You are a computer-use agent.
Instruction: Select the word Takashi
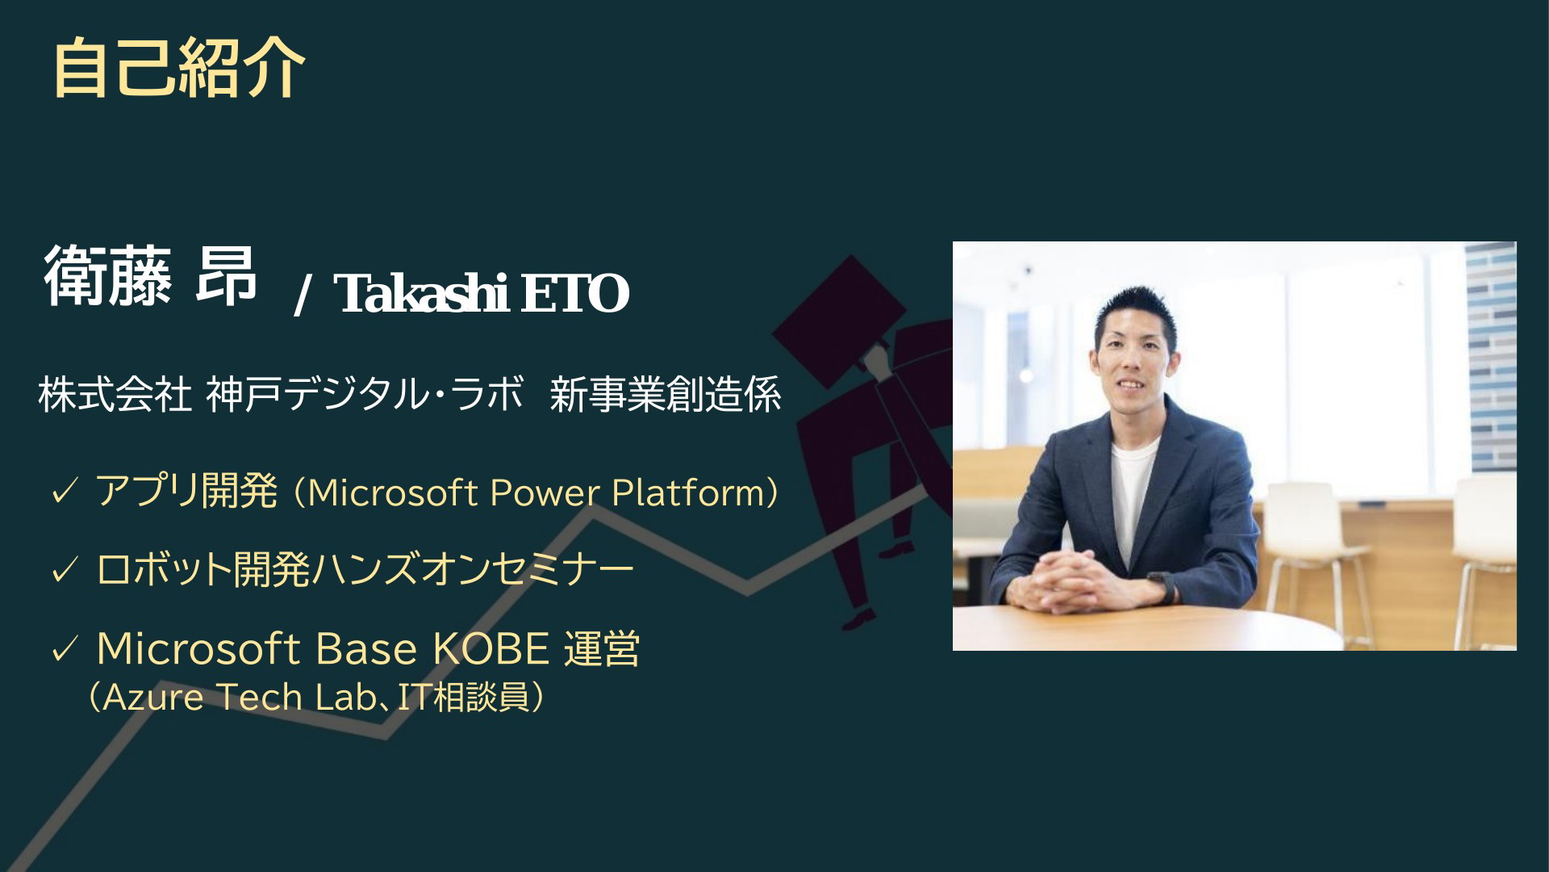(x=421, y=293)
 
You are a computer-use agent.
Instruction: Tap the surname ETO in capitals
(x=574, y=294)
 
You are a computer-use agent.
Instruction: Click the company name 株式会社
(x=115, y=396)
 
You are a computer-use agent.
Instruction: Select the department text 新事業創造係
(x=666, y=396)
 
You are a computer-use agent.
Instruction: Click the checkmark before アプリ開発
(x=64, y=492)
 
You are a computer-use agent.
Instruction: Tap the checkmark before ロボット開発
(x=64, y=571)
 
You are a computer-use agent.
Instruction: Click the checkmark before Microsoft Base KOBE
(x=64, y=649)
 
